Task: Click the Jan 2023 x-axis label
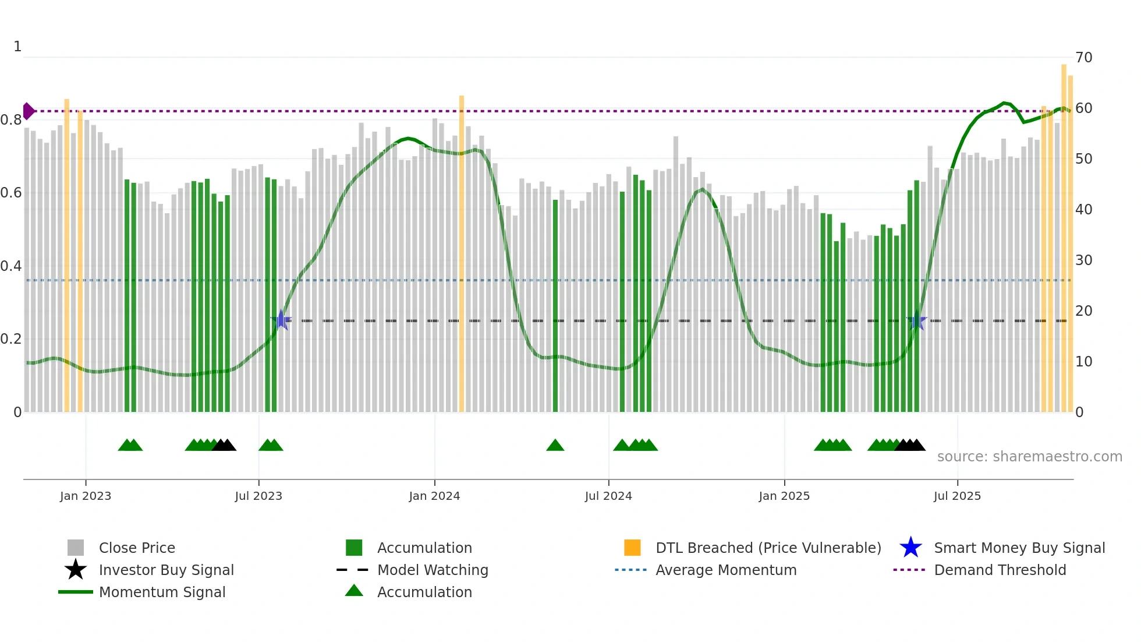click(86, 496)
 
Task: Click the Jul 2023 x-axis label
click(258, 496)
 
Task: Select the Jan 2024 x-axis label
click(434, 496)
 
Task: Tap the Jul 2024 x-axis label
click(608, 496)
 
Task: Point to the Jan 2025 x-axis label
click(784, 496)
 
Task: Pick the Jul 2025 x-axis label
click(957, 496)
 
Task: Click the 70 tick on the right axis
click(1083, 58)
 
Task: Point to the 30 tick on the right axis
click(1083, 260)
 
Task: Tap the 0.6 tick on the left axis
click(11, 193)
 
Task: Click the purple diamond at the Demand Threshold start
click(29, 111)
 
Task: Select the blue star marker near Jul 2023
click(281, 320)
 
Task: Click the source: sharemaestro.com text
click(1029, 457)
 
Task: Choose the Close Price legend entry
click(137, 548)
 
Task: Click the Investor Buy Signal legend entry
click(166, 570)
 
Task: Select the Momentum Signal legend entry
click(162, 592)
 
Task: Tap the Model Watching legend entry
click(433, 570)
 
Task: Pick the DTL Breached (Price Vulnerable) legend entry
click(768, 548)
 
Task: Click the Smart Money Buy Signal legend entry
click(1019, 548)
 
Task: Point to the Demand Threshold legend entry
click(1000, 570)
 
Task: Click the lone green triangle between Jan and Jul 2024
click(555, 446)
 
